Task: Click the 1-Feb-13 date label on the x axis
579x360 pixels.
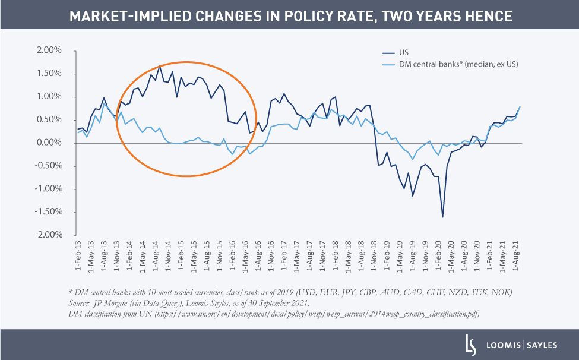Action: (78, 257)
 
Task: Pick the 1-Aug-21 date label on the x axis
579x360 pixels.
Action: (516, 257)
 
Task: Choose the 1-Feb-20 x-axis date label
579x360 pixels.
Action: (442, 257)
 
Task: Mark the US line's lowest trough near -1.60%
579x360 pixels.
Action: (442, 217)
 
